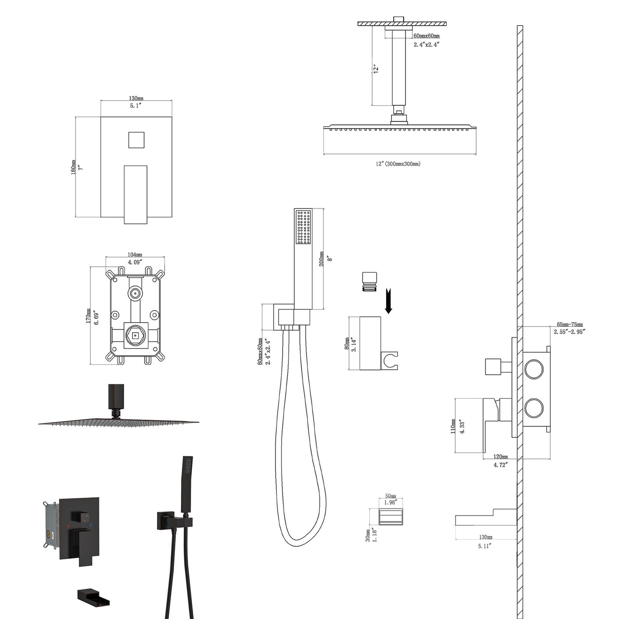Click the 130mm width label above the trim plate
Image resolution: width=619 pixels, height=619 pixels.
tap(136, 98)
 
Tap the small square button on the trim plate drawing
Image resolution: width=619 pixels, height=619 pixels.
tap(136, 140)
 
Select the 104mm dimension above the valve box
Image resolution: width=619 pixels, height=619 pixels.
tap(135, 255)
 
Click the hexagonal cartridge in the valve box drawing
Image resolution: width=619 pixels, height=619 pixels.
tap(135, 336)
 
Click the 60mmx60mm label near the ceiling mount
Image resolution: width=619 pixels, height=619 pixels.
tap(426, 36)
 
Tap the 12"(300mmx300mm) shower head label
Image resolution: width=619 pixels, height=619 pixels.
tap(398, 164)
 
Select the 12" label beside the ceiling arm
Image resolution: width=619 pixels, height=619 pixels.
tap(376, 69)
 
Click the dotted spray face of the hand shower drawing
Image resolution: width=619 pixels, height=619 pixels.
tap(303, 227)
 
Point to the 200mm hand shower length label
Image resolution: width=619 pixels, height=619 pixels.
tap(321, 259)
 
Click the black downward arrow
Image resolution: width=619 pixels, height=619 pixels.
tap(388, 301)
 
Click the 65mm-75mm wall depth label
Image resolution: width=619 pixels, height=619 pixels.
tap(569, 325)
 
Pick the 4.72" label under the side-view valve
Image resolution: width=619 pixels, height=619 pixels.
tap(501, 464)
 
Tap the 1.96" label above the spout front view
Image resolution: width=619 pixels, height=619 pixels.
tap(390, 502)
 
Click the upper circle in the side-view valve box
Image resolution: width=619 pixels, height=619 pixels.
tap(534, 369)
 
